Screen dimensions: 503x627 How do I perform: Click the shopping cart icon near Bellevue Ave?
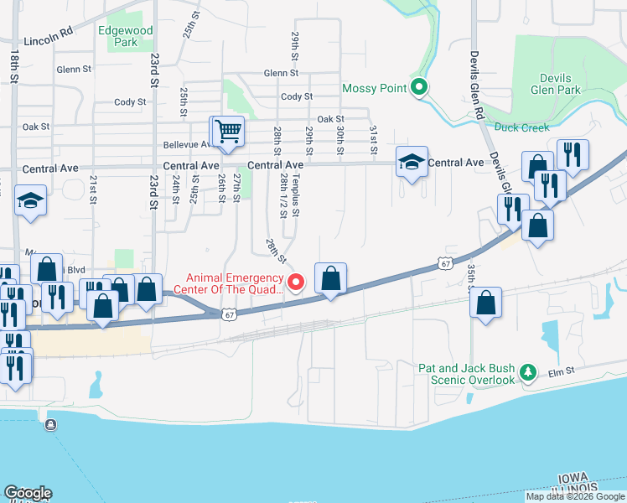227,132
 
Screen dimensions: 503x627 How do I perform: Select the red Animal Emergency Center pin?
295,283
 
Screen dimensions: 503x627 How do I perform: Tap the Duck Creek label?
521,127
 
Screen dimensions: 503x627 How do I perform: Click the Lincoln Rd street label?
49,39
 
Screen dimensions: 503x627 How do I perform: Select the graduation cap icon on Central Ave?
412,163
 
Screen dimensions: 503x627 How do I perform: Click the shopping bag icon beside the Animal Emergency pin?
331,278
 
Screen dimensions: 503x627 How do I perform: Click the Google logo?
28,493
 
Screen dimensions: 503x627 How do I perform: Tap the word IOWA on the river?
573,478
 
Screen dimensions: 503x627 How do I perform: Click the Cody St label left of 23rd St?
130,102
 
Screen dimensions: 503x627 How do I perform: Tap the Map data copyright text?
575,496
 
